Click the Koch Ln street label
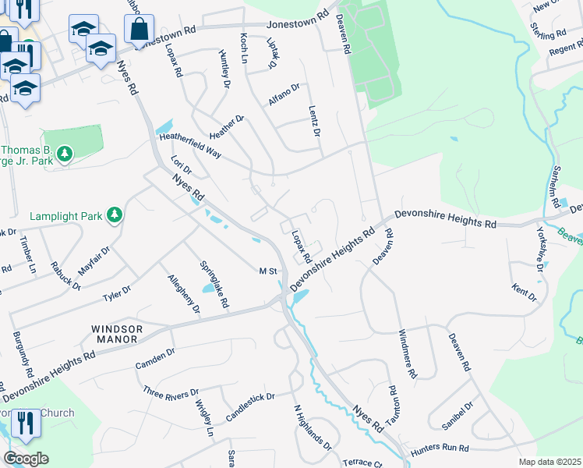tap(245, 49)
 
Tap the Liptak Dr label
tap(272, 52)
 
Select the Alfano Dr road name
tap(284, 93)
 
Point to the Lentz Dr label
tap(314, 121)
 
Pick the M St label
tap(268, 271)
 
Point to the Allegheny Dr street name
tap(183, 294)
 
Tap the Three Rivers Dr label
tap(171, 392)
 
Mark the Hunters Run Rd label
tap(442, 448)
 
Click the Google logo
tap(26, 458)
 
